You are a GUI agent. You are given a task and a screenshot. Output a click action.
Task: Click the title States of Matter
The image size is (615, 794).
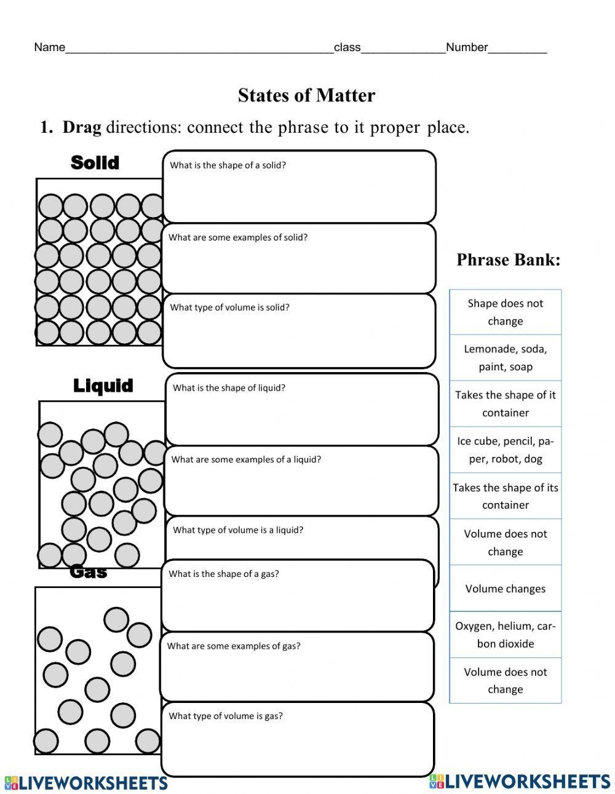click(x=306, y=95)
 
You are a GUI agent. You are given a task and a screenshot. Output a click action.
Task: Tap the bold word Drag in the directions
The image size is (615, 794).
click(x=82, y=127)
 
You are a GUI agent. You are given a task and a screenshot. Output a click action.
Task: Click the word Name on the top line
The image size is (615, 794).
click(x=49, y=47)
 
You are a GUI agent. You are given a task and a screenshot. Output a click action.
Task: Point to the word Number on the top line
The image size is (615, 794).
click(x=467, y=47)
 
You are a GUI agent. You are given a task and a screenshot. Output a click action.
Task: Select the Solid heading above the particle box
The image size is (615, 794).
click(x=95, y=162)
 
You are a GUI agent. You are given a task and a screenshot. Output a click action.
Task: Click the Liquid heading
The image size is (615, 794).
click(x=103, y=386)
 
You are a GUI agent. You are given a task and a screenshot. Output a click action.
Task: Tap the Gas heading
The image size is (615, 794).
click(x=89, y=571)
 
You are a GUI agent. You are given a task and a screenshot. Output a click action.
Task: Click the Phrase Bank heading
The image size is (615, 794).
click(x=508, y=260)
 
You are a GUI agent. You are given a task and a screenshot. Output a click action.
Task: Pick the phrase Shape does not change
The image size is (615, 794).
click(x=506, y=312)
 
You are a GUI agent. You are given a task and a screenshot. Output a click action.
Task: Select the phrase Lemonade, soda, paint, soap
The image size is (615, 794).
click(x=506, y=357)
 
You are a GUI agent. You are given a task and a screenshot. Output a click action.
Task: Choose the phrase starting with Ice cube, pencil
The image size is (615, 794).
click(x=506, y=450)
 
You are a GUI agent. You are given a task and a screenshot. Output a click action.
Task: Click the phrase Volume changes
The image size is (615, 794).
click(x=506, y=589)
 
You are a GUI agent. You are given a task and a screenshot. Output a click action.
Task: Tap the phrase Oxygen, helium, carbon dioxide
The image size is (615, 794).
click(x=506, y=635)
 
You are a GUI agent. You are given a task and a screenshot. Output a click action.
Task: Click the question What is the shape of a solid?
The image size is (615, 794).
click(x=228, y=165)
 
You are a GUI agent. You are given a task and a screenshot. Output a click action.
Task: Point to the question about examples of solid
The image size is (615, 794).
click(x=238, y=237)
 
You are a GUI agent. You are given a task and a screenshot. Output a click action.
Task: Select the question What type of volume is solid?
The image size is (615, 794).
click(x=229, y=308)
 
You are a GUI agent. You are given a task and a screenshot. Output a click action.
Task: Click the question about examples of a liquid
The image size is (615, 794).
click(x=246, y=459)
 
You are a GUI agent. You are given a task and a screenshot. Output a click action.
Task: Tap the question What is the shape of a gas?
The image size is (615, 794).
click(x=224, y=574)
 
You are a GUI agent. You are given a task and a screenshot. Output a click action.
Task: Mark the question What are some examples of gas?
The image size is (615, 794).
click(x=234, y=646)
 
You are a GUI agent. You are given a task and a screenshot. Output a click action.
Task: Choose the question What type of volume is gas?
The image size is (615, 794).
click(x=226, y=716)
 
